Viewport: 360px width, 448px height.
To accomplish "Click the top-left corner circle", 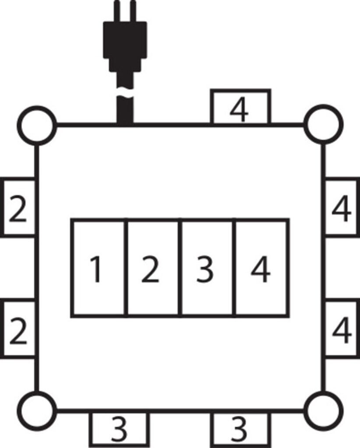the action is [37, 125].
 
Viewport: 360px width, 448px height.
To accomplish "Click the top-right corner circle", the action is [323, 125].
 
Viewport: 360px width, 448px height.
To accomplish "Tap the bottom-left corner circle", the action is [37, 411].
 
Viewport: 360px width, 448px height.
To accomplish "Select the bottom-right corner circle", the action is [323, 411].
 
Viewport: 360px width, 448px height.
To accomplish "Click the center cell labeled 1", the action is [98, 268].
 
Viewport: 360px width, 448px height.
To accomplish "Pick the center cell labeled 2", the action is [153, 268].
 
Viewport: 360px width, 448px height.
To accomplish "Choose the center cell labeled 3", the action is [207, 268].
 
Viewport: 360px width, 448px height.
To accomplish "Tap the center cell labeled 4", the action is [261, 268].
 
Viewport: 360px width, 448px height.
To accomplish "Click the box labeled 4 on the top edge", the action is [240, 107].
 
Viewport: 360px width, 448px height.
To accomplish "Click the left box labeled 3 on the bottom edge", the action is [119, 429].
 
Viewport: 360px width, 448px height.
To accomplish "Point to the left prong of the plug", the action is [116, 11].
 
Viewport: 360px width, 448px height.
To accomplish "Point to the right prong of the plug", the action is [133, 11].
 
